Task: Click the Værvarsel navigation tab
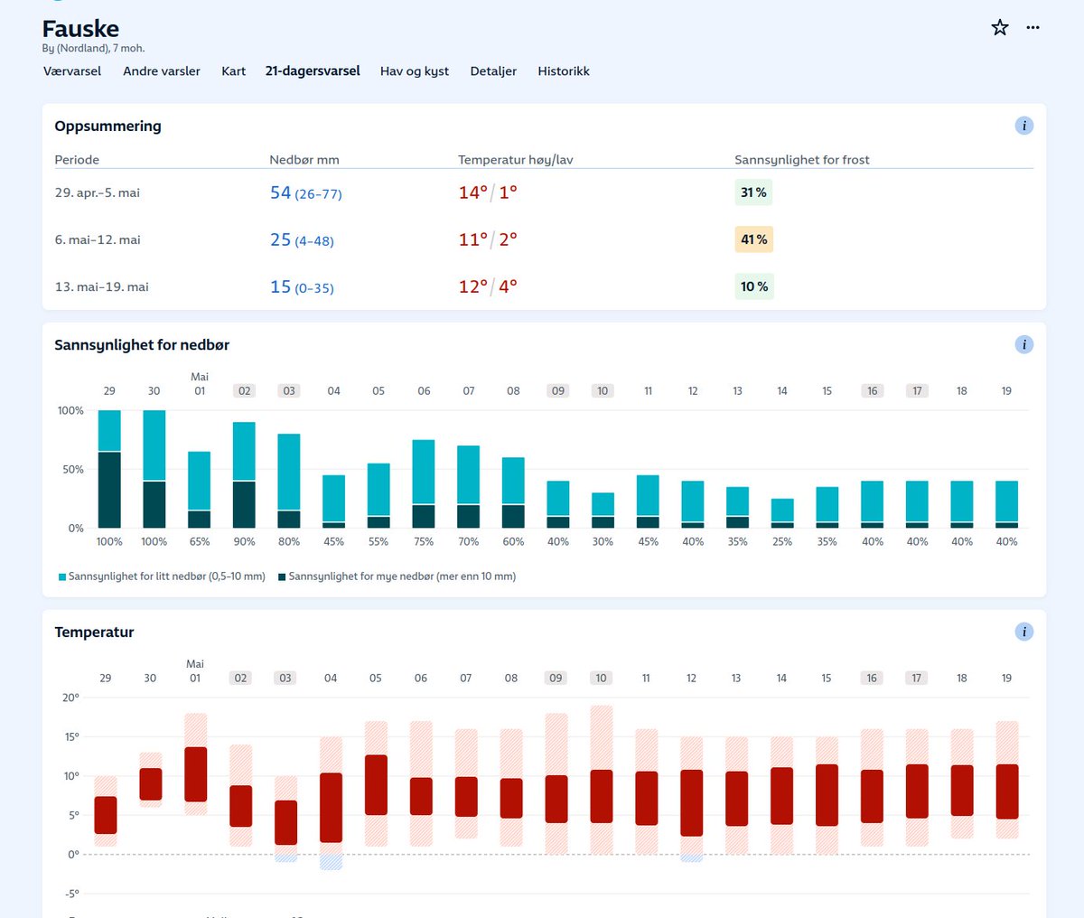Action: pyautogui.click(x=72, y=71)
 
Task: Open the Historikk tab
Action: pyautogui.click(x=564, y=71)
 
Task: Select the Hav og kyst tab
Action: pyautogui.click(x=415, y=71)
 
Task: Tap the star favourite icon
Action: pyautogui.click(x=1000, y=28)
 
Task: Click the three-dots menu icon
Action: pyautogui.click(x=1033, y=28)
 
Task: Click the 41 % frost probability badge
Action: pyautogui.click(x=754, y=239)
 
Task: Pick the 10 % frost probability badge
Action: pyautogui.click(x=754, y=286)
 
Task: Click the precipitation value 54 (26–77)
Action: pyautogui.click(x=305, y=193)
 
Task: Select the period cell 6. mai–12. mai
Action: pyautogui.click(x=98, y=239)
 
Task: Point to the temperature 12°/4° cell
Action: pyautogui.click(x=488, y=286)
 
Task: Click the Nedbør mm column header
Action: pyautogui.click(x=304, y=160)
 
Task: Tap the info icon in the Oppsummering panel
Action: pyautogui.click(x=1023, y=126)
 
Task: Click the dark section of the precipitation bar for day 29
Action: pyautogui.click(x=109, y=490)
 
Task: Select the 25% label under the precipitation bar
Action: pyautogui.click(x=782, y=542)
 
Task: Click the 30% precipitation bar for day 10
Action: pyautogui.click(x=603, y=504)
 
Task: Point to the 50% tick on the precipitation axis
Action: pyautogui.click(x=71, y=470)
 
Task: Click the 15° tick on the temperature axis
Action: pyautogui.click(x=70, y=736)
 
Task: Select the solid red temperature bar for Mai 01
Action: pyautogui.click(x=195, y=774)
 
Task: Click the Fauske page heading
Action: pyautogui.click(x=80, y=29)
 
